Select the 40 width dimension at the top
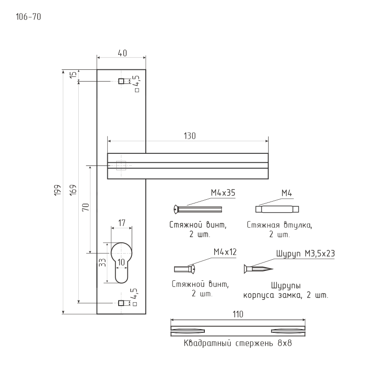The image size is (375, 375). click(121, 53)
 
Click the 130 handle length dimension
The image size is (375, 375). click(189, 135)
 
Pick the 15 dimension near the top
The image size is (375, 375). click(73, 75)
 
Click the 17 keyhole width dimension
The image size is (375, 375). click(121, 224)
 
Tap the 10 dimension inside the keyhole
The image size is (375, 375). click(121, 262)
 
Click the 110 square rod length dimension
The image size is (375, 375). click(238, 315)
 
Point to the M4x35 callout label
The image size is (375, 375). click(223, 193)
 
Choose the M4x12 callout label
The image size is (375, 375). click(225, 252)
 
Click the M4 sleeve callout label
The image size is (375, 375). click(287, 193)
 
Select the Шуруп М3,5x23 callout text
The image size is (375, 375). click(305, 253)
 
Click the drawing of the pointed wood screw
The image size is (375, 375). click(257, 269)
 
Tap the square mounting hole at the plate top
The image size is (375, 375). click(121, 81)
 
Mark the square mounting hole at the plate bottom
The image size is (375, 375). click(121, 303)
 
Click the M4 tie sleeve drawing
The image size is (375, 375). click(277, 209)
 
